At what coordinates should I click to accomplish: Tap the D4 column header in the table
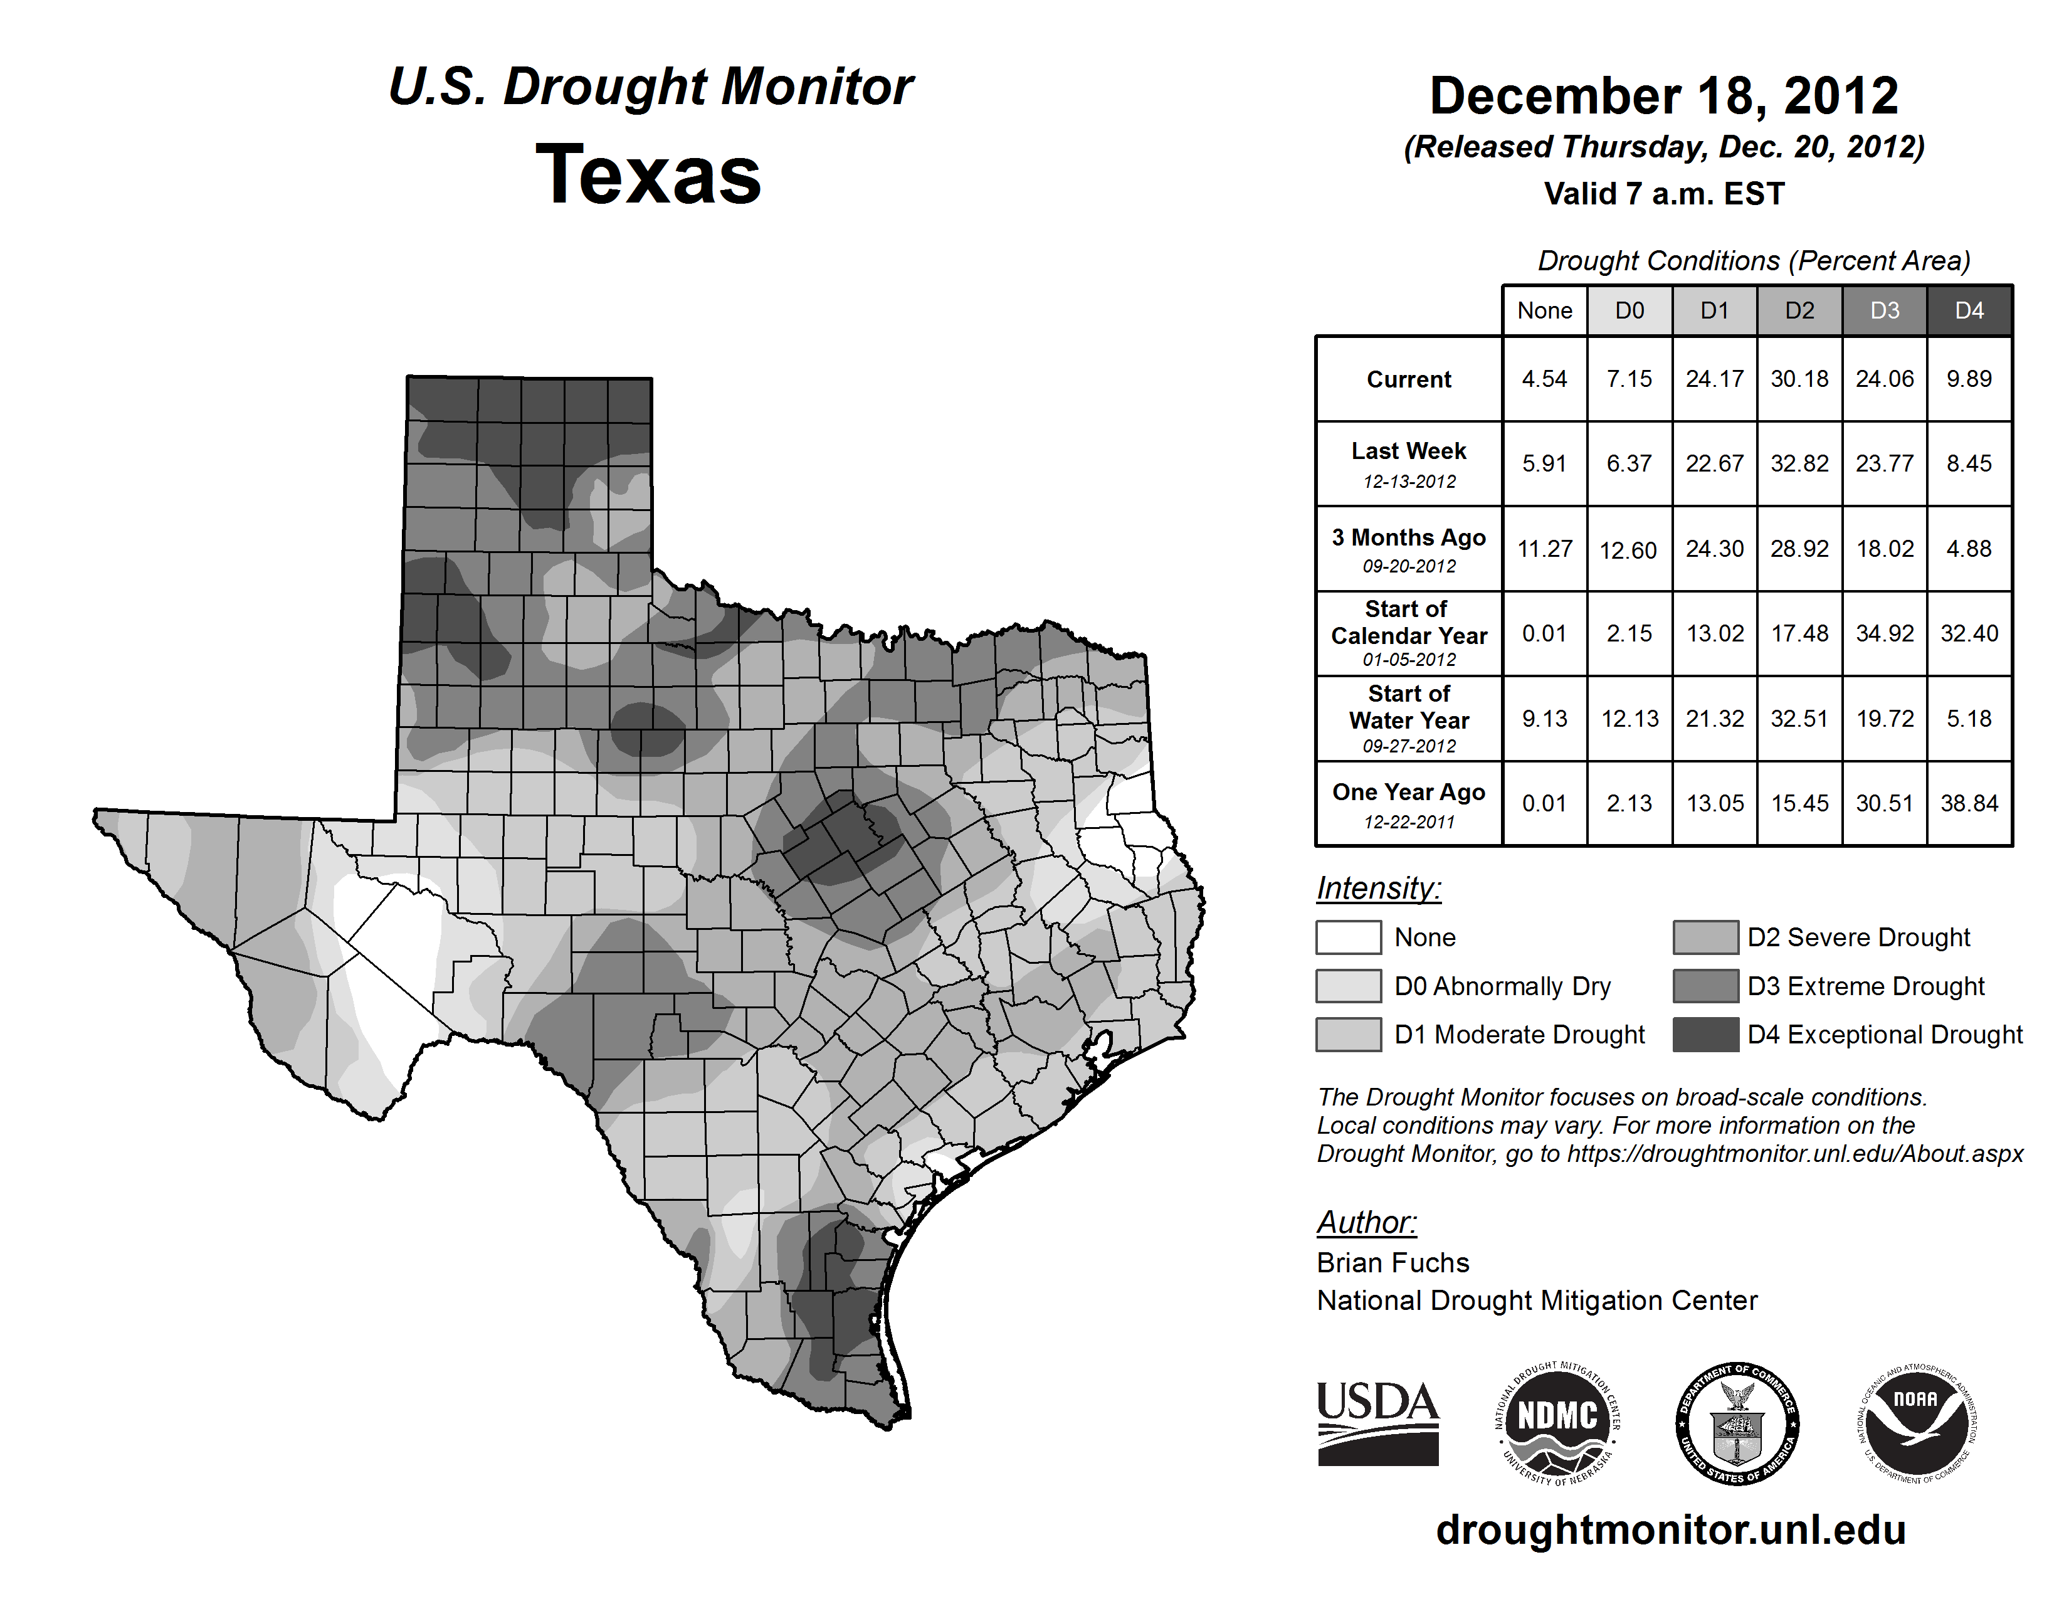click(1969, 310)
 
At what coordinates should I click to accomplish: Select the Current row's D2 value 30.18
click(1799, 379)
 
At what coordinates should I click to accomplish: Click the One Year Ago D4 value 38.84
click(1969, 803)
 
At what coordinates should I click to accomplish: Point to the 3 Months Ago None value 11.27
click(1544, 549)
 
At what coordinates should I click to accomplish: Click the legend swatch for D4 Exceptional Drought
click(1705, 1035)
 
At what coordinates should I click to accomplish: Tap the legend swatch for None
click(1348, 937)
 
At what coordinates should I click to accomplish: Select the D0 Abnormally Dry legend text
click(1502, 986)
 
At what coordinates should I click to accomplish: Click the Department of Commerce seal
click(1737, 1423)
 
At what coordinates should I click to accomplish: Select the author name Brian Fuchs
click(1392, 1263)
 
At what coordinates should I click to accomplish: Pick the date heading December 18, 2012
click(1663, 96)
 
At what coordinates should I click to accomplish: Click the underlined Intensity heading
click(1378, 889)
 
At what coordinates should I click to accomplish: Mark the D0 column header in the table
click(1629, 310)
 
